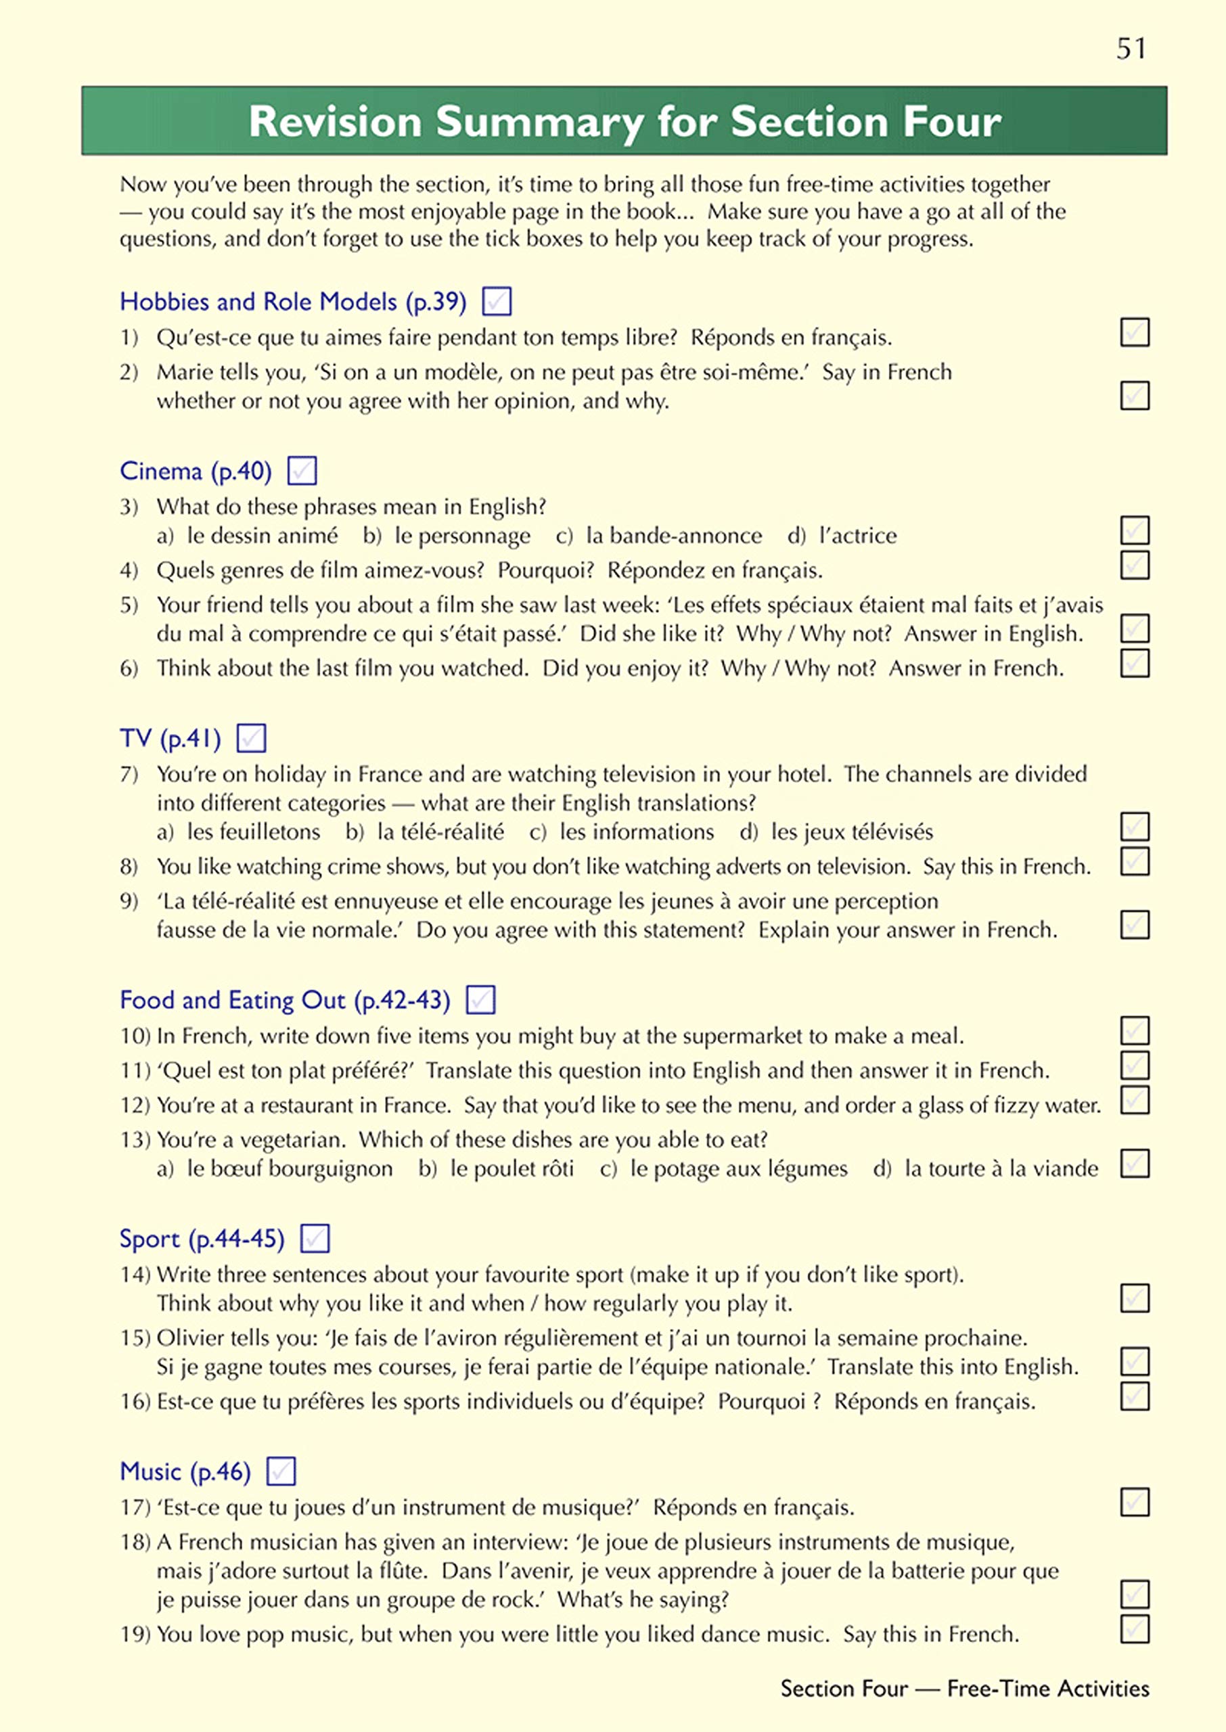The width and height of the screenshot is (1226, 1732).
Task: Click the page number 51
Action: [1131, 49]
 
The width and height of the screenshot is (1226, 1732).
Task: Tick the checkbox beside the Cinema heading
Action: [302, 471]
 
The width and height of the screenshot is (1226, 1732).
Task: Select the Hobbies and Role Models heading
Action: [293, 302]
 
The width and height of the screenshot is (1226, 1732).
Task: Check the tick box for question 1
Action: [1135, 332]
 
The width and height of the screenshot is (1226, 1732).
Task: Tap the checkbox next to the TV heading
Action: [252, 737]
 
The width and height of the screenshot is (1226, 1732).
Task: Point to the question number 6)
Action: [129, 668]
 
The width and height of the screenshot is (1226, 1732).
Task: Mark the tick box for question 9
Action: [1135, 924]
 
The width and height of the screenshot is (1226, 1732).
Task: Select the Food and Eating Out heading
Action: [285, 1000]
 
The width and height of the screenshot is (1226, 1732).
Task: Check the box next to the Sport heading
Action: [315, 1238]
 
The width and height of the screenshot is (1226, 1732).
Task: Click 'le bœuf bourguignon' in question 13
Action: [290, 1168]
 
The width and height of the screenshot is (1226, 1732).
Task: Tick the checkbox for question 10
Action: [1135, 1030]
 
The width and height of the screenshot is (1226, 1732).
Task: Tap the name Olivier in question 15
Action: [189, 1338]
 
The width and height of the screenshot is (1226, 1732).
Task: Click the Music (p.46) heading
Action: [185, 1471]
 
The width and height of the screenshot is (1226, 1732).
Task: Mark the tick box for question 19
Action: [1135, 1628]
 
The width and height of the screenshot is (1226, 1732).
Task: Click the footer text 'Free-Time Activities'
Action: [1048, 1688]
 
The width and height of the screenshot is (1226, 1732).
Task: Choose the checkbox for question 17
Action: [1135, 1502]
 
